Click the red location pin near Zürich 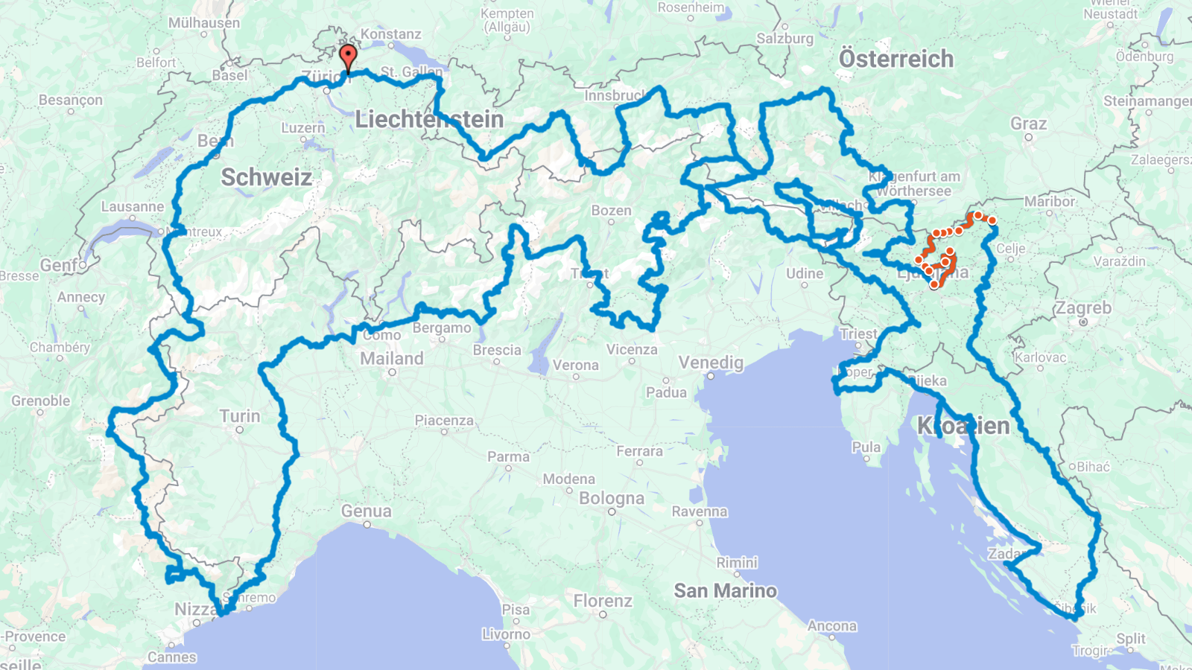click(348, 57)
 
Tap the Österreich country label click(895, 59)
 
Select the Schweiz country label click(266, 177)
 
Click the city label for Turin click(240, 416)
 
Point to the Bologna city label click(611, 498)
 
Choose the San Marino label click(725, 591)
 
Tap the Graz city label click(1028, 124)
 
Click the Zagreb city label click(1082, 308)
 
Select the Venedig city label click(711, 363)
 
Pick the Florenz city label click(603, 601)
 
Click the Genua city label click(366, 511)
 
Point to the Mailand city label click(391, 359)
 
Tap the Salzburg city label click(784, 39)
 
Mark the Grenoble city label click(41, 401)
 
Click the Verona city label click(575, 366)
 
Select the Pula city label click(866, 447)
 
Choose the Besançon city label click(71, 100)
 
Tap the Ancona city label click(831, 626)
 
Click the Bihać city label click(1093, 467)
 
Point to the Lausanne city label click(133, 207)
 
